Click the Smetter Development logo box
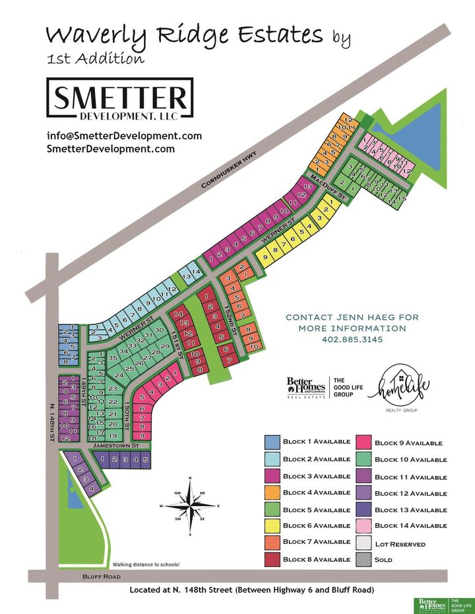click(x=120, y=98)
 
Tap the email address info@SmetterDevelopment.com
click(x=124, y=136)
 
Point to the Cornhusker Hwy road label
click(x=229, y=171)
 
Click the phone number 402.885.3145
click(x=352, y=340)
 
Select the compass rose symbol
click(x=190, y=506)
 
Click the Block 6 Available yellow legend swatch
click(x=272, y=526)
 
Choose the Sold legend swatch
click(x=365, y=559)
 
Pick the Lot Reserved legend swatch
click(x=365, y=543)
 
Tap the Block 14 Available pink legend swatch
click(x=365, y=526)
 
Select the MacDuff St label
click(x=329, y=188)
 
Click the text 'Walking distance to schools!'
click(x=146, y=564)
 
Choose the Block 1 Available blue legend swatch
click(x=272, y=442)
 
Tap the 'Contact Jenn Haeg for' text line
click(x=352, y=317)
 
